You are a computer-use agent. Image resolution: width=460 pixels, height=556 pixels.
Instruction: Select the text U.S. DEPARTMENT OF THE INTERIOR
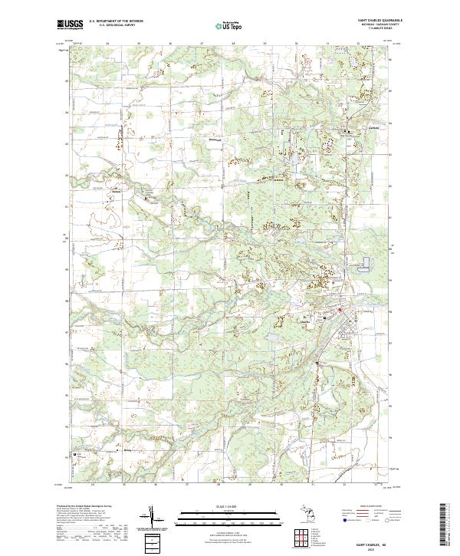pyautogui.click(x=116, y=21)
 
